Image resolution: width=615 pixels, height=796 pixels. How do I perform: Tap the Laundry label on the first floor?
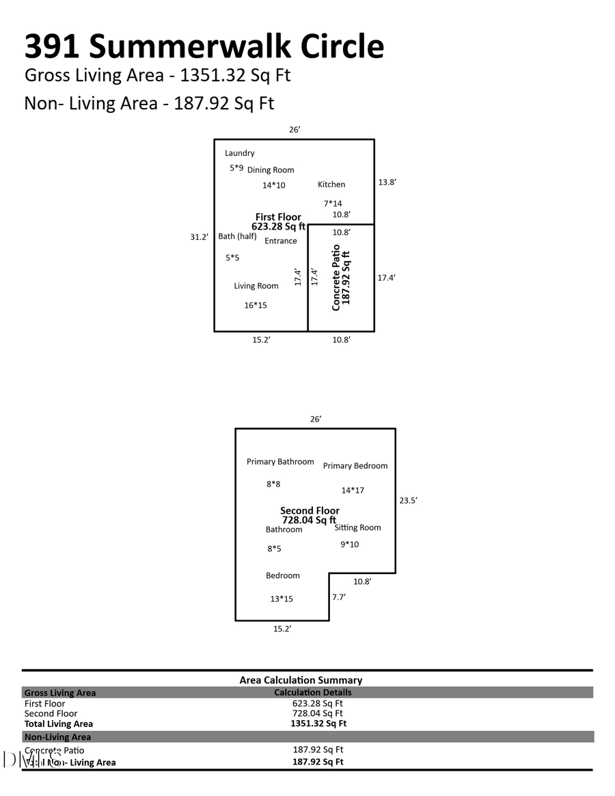240,153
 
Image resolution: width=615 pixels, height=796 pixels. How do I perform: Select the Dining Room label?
271,170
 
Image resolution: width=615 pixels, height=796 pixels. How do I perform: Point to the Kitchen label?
331,184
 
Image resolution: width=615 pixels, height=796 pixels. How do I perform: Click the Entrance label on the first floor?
281,241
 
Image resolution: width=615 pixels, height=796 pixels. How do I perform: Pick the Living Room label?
256,286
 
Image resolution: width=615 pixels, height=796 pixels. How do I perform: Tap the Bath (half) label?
237,236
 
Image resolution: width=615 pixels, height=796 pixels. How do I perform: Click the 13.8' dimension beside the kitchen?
387,182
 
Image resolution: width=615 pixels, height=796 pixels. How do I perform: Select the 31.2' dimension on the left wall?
199,237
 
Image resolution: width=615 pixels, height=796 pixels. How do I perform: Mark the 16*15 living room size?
256,305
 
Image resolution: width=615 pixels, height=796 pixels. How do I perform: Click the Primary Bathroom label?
280,462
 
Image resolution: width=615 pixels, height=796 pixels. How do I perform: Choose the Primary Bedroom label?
355,466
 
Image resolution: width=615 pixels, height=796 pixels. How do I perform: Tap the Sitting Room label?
358,527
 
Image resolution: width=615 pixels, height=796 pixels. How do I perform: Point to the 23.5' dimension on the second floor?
408,500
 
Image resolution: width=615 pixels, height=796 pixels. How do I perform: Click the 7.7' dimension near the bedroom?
339,597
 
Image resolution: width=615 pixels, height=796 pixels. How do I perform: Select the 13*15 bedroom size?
282,599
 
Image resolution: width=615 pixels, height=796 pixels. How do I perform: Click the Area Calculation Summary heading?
301,681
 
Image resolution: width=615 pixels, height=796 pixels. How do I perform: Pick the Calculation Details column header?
313,692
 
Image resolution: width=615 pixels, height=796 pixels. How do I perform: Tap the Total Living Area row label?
59,724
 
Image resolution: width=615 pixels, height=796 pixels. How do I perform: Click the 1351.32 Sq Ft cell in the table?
318,724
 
